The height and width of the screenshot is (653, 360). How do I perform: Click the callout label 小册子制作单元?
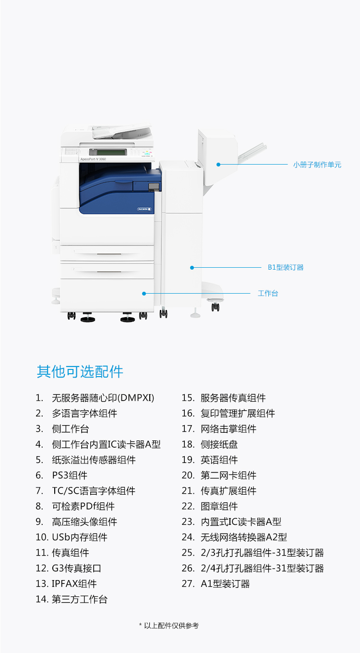click(x=317, y=165)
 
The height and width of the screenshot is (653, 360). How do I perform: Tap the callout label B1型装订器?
click(x=286, y=267)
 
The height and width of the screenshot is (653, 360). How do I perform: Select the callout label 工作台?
click(x=268, y=293)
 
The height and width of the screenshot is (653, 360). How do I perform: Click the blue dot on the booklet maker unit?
click(x=218, y=165)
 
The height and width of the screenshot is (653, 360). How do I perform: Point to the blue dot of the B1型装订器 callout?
click(x=192, y=268)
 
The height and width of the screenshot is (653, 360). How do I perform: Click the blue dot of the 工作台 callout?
click(x=144, y=294)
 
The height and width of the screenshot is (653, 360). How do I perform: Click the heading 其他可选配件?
click(x=80, y=372)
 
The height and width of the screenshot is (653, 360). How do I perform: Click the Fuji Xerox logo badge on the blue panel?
click(x=144, y=209)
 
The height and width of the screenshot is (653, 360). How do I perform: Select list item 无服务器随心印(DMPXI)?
click(x=103, y=398)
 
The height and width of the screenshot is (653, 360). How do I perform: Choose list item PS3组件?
click(x=70, y=475)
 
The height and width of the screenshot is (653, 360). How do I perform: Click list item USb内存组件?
click(x=80, y=537)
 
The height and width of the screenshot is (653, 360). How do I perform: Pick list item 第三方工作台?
click(x=80, y=599)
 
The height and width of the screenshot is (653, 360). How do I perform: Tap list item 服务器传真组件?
click(x=233, y=398)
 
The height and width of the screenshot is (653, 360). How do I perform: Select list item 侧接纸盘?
click(x=219, y=444)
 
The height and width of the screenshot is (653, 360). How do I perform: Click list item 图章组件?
click(x=219, y=506)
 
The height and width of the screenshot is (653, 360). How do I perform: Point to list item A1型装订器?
click(x=225, y=583)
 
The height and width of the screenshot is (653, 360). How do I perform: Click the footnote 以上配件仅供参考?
click(x=171, y=626)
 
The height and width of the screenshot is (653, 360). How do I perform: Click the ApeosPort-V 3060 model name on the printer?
click(x=93, y=159)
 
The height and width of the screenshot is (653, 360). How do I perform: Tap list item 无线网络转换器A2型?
click(x=243, y=537)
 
